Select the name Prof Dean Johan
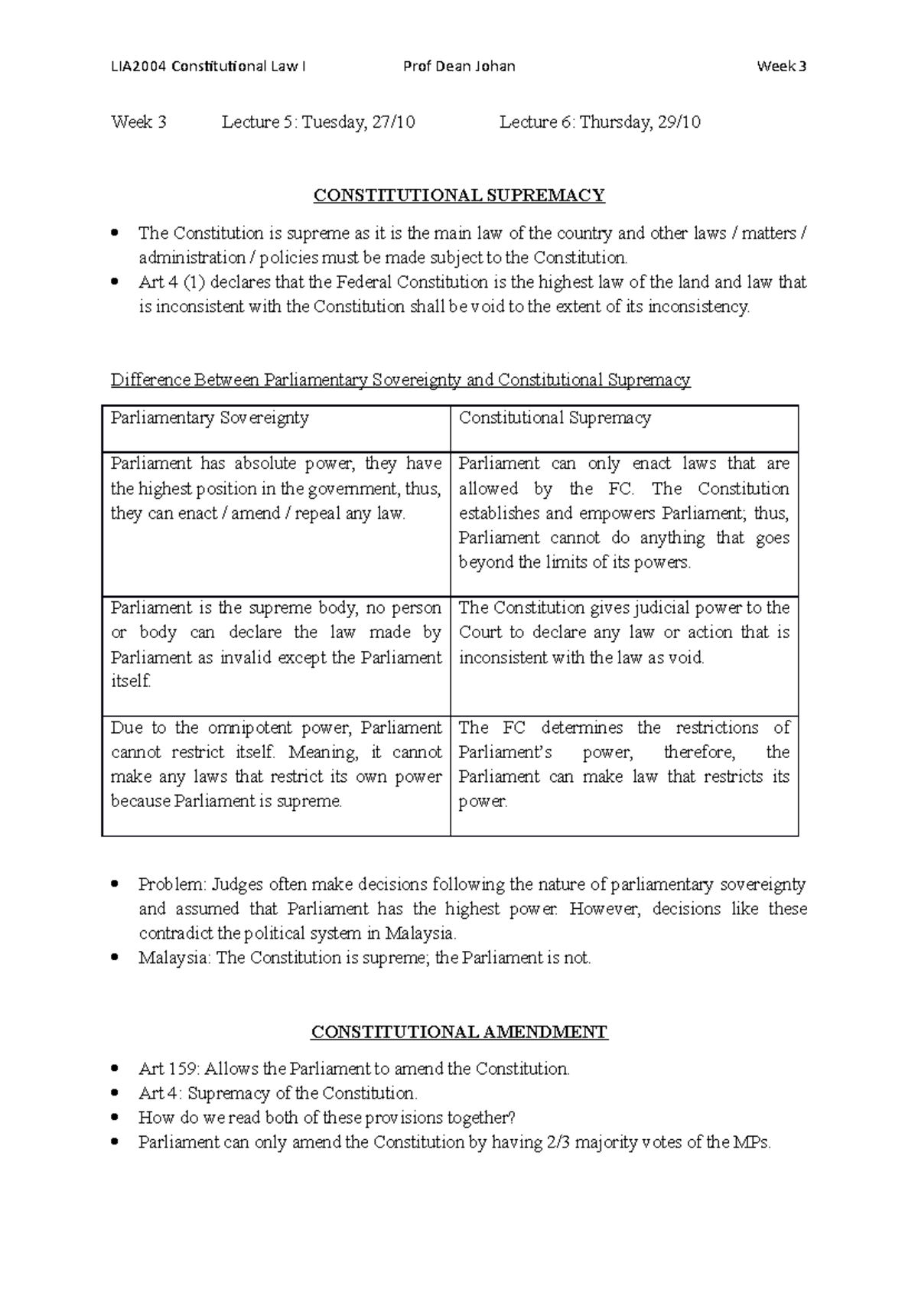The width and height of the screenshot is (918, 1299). (x=459, y=67)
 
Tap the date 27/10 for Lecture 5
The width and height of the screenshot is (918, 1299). (x=394, y=122)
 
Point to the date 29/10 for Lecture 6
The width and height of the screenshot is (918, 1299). (x=679, y=122)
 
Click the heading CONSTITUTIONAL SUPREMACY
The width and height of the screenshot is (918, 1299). (x=459, y=196)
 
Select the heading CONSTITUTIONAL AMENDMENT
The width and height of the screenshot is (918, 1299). (x=459, y=1032)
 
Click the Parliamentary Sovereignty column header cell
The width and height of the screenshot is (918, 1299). (x=275, y=428)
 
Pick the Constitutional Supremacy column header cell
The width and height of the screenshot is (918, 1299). (x=623, y=428)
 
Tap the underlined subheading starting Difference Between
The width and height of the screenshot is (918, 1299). (x=400, y=380)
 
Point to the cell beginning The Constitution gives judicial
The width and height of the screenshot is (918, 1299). (x=623, y=632)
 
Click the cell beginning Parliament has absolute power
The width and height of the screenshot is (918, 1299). (x=275, y=488)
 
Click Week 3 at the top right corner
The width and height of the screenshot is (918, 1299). (x=781, y=67)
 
